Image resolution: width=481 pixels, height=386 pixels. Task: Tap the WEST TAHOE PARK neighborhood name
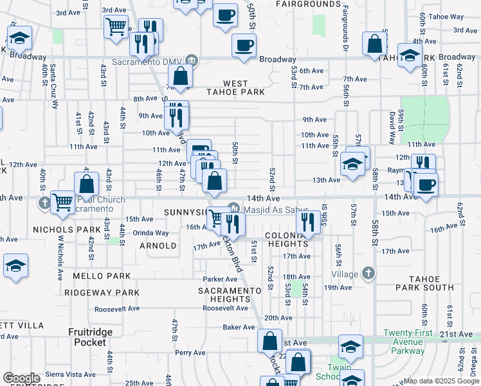point(235,87)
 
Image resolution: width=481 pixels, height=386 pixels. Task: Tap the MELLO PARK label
point(102,276)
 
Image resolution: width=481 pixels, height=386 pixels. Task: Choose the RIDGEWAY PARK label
point(102,293)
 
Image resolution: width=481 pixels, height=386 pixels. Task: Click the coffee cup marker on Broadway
point(243,46)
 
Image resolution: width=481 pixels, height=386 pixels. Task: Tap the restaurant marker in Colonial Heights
point(309,222)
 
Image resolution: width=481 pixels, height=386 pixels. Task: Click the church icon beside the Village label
point(368,273)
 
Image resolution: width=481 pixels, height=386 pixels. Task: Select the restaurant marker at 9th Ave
point(174,116)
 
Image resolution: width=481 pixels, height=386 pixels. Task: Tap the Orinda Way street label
point(151,233)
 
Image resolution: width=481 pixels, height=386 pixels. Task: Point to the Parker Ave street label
point(221,279)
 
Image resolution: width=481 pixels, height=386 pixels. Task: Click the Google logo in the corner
point(21,378)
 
